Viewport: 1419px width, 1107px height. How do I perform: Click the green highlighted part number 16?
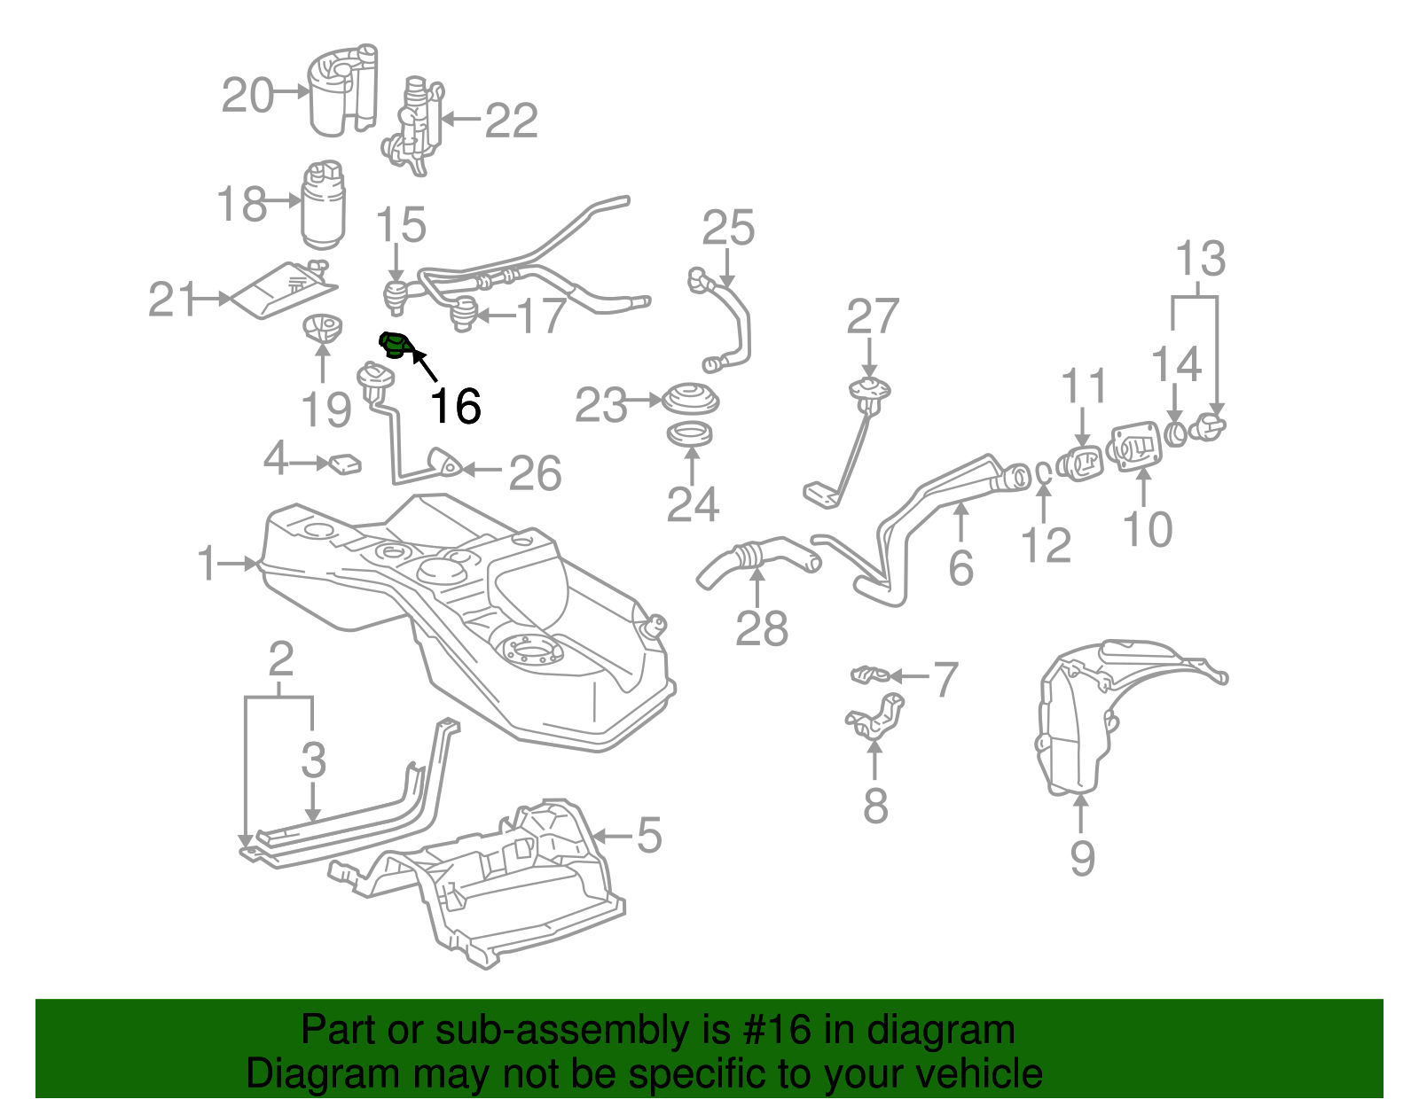394,346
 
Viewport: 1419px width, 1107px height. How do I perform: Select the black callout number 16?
455,406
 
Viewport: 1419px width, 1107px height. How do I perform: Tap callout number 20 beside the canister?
247,95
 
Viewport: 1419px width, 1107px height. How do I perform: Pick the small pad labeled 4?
345,464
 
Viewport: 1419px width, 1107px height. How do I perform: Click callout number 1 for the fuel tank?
207,564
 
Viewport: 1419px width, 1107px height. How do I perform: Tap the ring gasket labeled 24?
691,435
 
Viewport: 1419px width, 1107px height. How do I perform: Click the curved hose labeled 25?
733,324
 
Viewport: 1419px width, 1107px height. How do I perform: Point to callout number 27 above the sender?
873,316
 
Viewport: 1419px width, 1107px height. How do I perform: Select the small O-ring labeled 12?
1044,474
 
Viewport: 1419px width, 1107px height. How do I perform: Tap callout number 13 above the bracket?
1200,259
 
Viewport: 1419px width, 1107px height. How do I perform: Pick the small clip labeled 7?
869,675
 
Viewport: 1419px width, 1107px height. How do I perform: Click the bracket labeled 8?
875,718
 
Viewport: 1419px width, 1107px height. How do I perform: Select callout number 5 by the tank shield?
649,836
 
